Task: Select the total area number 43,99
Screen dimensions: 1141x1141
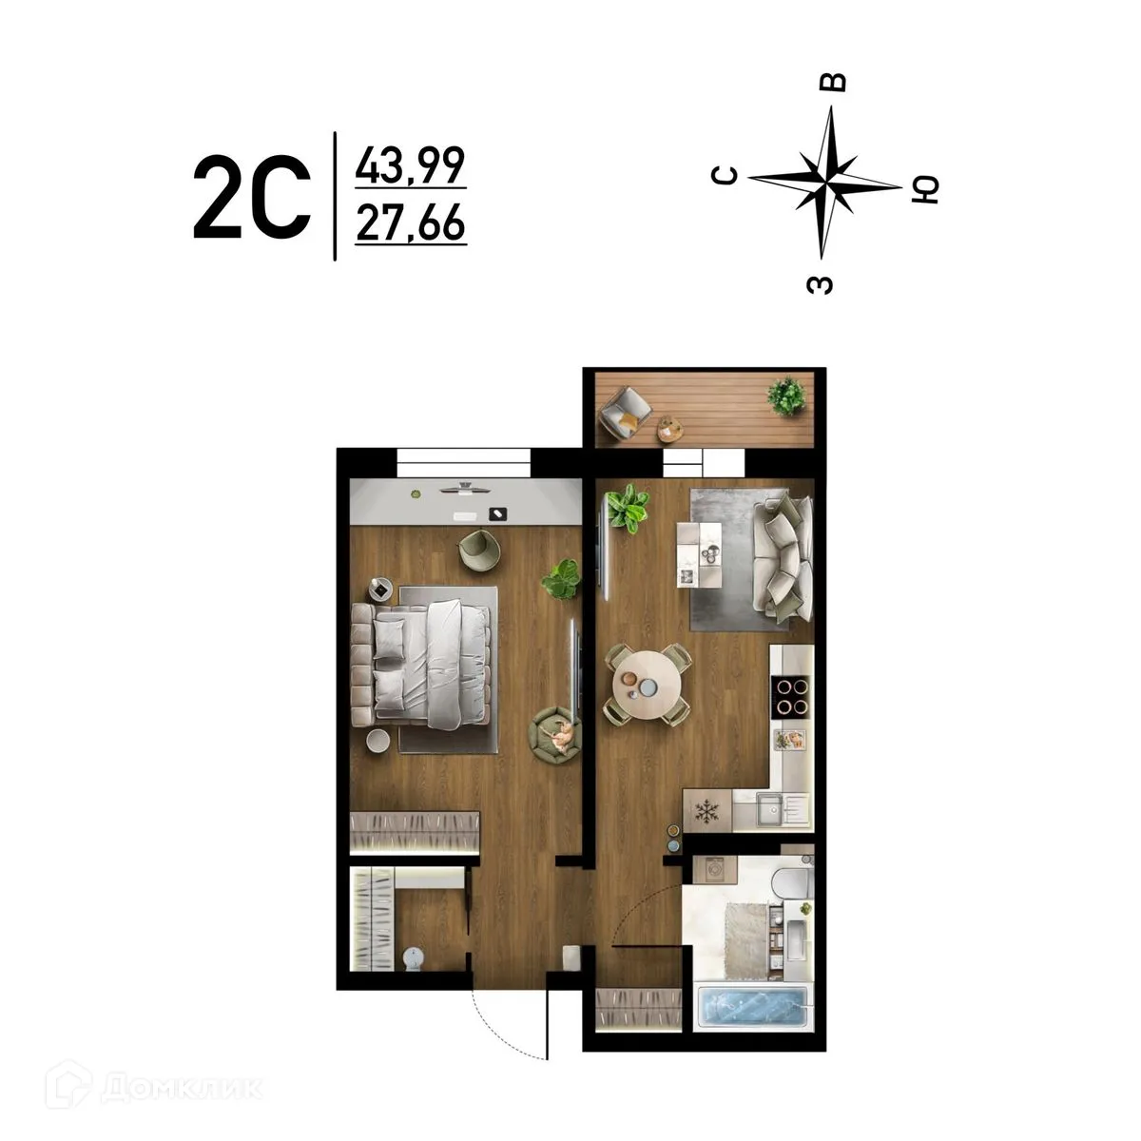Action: click(x=410, y=166)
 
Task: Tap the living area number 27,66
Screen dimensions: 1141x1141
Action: click(x=410, y=224)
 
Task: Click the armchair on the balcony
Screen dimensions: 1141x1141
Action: click(x=626, y=412)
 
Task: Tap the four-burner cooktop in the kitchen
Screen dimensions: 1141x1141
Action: click(x=791, y=695)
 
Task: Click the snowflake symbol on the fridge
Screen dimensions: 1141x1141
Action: click(x=707, y=811)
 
